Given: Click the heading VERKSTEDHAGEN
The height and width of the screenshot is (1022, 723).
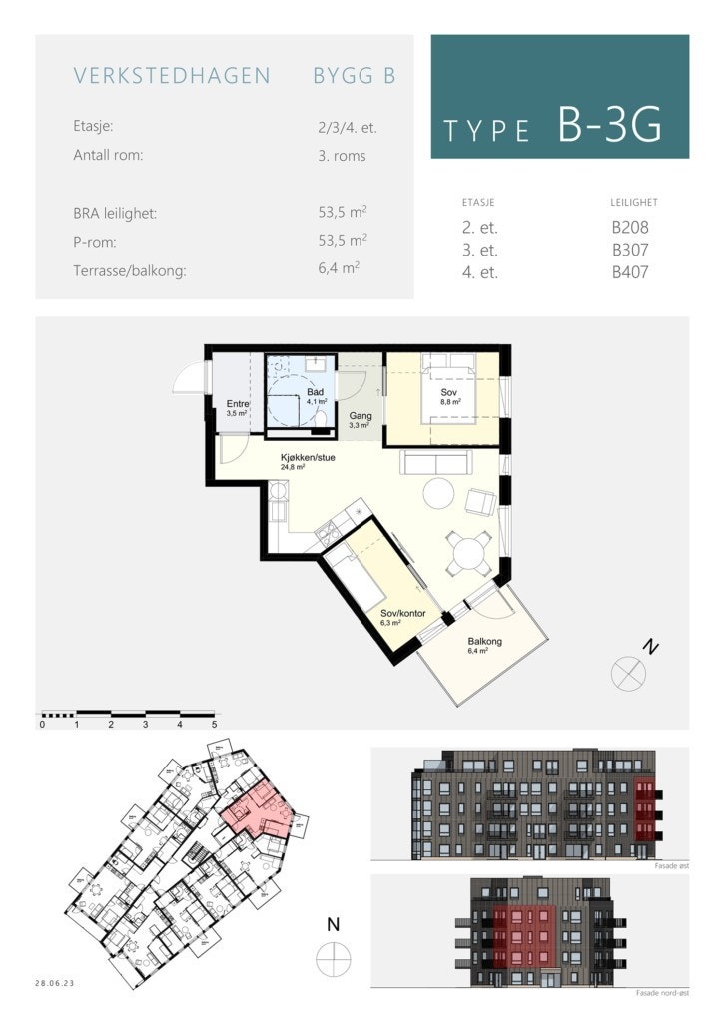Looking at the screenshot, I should [172, 76].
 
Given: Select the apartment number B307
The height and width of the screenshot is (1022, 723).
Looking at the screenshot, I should [630, 250].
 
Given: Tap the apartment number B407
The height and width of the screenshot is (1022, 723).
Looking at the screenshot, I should [630, 271].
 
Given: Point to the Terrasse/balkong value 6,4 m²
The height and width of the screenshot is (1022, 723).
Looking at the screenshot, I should [338, 269].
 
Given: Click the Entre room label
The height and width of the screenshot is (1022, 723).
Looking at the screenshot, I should [237, 405].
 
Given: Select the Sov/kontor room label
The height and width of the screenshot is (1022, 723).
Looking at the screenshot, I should [397, 614].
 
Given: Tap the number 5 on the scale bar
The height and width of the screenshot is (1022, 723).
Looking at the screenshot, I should [214, 724].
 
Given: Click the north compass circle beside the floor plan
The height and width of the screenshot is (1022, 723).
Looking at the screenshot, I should [628, 674].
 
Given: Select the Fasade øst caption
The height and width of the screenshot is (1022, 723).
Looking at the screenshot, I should [665, 866].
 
